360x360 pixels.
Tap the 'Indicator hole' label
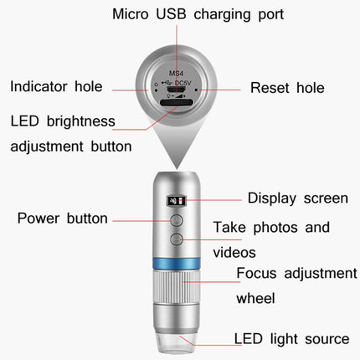[56, 85]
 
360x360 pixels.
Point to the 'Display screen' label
[297, 198]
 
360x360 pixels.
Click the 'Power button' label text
[63, 219]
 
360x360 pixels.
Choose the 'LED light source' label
[291, 338]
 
